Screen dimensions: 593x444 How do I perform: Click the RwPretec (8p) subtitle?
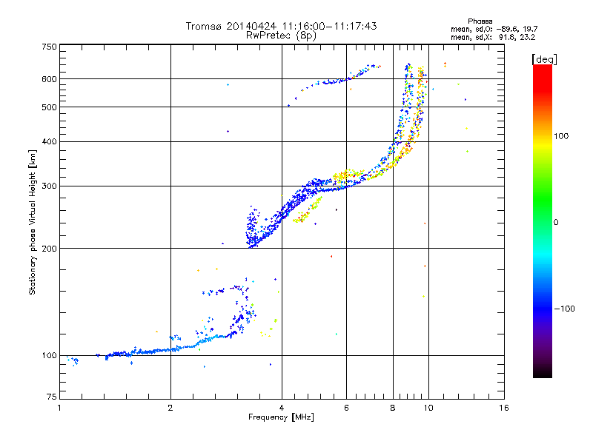pyautogui.click(x=281, y=36)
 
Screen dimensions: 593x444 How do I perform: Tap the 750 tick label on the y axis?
pyautogui.click(x=49, y=47)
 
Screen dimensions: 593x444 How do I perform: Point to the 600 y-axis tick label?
pyautogui.click(x=49, y=79)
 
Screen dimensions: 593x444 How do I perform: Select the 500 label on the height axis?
pyautogui.click(x=49, y=107)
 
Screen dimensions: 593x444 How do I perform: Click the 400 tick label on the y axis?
pyautogui.click(x=49, y=142)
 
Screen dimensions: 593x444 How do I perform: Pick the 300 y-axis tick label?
pyautogui.click(x=49, y=186)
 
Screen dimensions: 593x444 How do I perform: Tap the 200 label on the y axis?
pyautogui.click(x=49, y=249)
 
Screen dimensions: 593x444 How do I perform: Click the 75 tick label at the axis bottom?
pyautogui.click(x=52, y=397)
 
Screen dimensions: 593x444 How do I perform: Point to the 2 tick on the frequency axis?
pyautogui.click(x=170, y=408)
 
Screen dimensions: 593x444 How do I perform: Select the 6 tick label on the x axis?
pyautogui.click(x=346, y=408)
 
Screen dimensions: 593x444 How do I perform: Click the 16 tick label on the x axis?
pyautogui.click(x=504, y=408)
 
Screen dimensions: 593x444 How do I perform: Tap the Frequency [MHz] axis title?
pyautogui.click(x=281, y=417)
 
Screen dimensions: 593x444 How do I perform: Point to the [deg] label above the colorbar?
pyautogui.click(x=544, y=59)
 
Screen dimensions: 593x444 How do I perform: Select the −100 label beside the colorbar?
pyautogui.click(x=564, y=309)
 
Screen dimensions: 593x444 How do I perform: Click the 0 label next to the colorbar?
pyautogui.click(x=556, y=223)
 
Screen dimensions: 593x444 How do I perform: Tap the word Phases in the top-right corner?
pyautogui.click(x=480, y=21)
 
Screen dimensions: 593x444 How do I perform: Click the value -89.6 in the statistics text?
pyautogui.click(x=506, y=29)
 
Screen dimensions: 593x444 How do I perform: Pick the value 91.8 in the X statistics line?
pyautogui.click(x=508, y=38)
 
